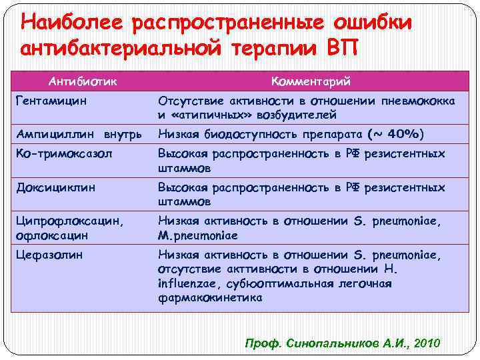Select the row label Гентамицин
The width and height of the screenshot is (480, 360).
pos(53,101)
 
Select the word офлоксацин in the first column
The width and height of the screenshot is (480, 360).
pos(53,235)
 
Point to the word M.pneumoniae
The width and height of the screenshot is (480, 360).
pos(197,235)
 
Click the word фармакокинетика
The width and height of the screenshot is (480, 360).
pos(209,298)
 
